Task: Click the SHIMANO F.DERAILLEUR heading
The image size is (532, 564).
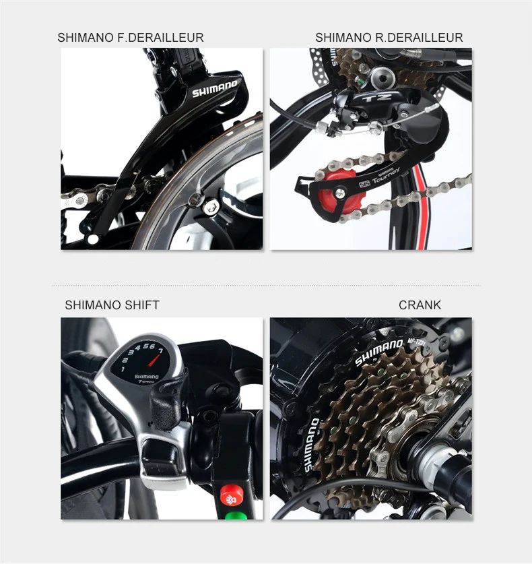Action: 130,38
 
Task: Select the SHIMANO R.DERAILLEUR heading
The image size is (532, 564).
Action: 389,38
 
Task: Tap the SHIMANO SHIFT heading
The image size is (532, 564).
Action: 112,305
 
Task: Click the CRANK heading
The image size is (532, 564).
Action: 420,305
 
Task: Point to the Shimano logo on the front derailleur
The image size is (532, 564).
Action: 215,88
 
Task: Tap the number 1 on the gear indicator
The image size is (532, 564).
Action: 123,369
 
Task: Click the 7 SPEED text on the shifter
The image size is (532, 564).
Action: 146,382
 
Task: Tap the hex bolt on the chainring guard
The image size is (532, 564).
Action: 195,200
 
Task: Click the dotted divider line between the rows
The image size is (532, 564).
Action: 266,286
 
